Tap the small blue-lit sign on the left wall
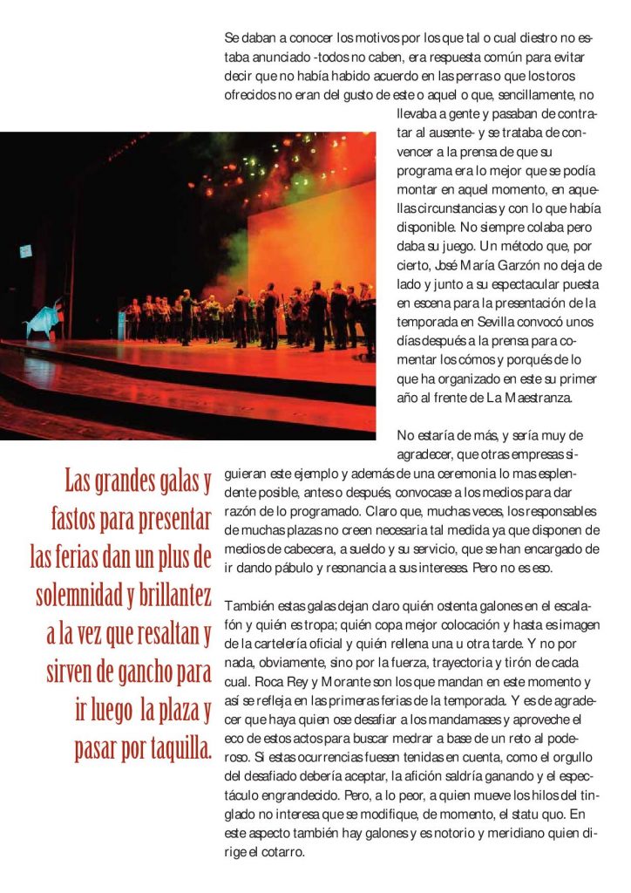click(x=26, y=251)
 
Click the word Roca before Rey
click(x=267, y=681)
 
